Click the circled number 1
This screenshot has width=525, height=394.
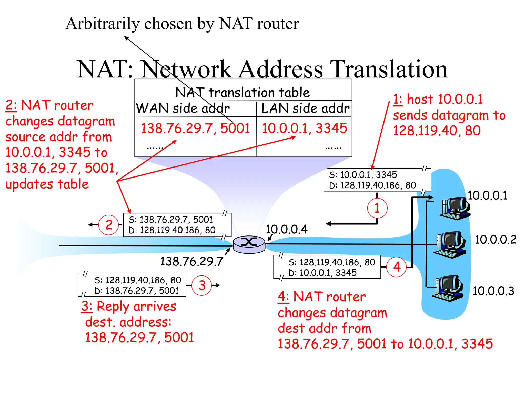(x=377, y=208)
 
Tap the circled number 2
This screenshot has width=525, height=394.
(x=109, y=225)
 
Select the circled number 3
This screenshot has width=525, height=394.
(x=202, y=285)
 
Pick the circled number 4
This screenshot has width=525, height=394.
(x=397, y=267)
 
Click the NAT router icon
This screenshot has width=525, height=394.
(x=249, y=244)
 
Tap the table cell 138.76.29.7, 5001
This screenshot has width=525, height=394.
(x=195, y=128)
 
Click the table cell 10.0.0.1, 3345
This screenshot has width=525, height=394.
(x=304, y=128)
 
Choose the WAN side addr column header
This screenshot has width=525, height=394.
(x=183, y=108)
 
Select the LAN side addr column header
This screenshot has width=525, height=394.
(x=305, y=108)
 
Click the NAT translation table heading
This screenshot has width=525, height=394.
(x=242, y=92)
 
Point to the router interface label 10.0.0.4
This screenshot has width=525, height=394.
(x=286, y=229)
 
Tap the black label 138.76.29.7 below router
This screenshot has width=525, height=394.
(x=191, y=261)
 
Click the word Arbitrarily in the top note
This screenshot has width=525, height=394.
(x=102, y=24)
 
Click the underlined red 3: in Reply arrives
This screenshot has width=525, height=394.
(x=87, y=306)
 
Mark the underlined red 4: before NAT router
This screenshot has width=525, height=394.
(x=283, y=297)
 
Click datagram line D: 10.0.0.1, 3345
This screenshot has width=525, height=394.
(x=322, y=273)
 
